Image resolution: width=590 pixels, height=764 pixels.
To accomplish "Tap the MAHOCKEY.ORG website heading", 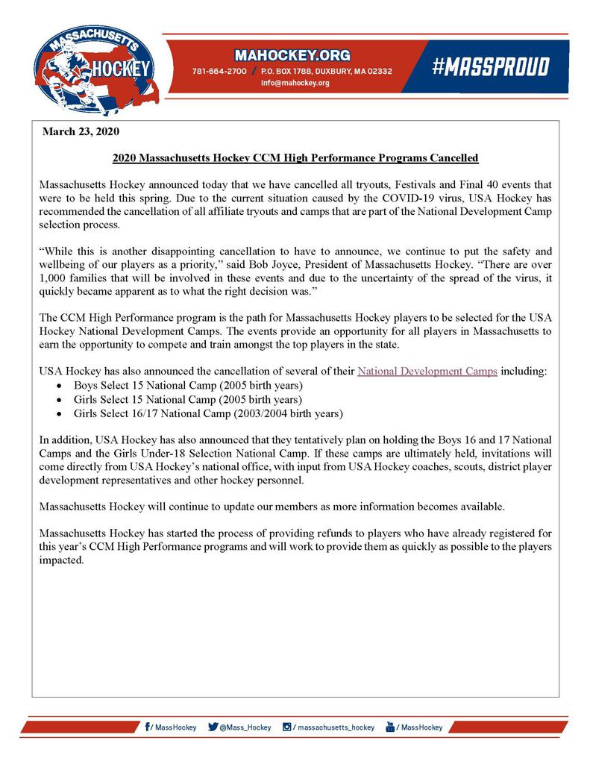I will point(292,56).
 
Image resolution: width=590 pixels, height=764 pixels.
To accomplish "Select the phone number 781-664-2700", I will point(219,72).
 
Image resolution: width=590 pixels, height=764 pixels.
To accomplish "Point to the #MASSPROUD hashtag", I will point(490,67).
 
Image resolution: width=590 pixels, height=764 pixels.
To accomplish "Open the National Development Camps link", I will point(427,371).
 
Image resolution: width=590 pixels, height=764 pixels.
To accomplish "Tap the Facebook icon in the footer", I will point(148,727).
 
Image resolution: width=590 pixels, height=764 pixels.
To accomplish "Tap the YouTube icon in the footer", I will point(389,727).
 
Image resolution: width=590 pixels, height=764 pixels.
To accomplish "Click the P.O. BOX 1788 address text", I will point(286,72).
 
